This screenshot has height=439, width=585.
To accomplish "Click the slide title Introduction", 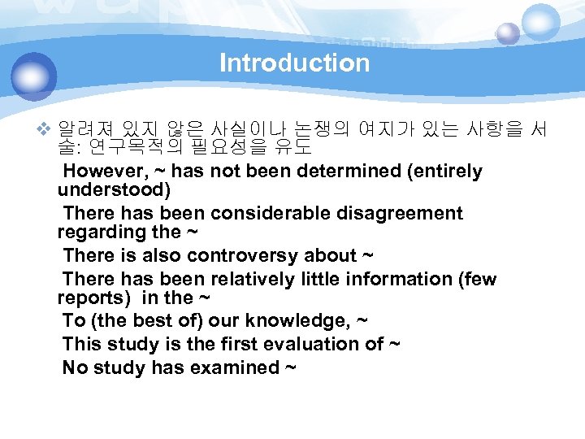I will pos(294,63).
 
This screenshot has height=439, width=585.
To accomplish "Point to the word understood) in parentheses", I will pos(114,190).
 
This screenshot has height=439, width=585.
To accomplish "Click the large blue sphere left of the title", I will pos(35,76).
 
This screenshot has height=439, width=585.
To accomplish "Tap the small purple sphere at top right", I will pos(508,33).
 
